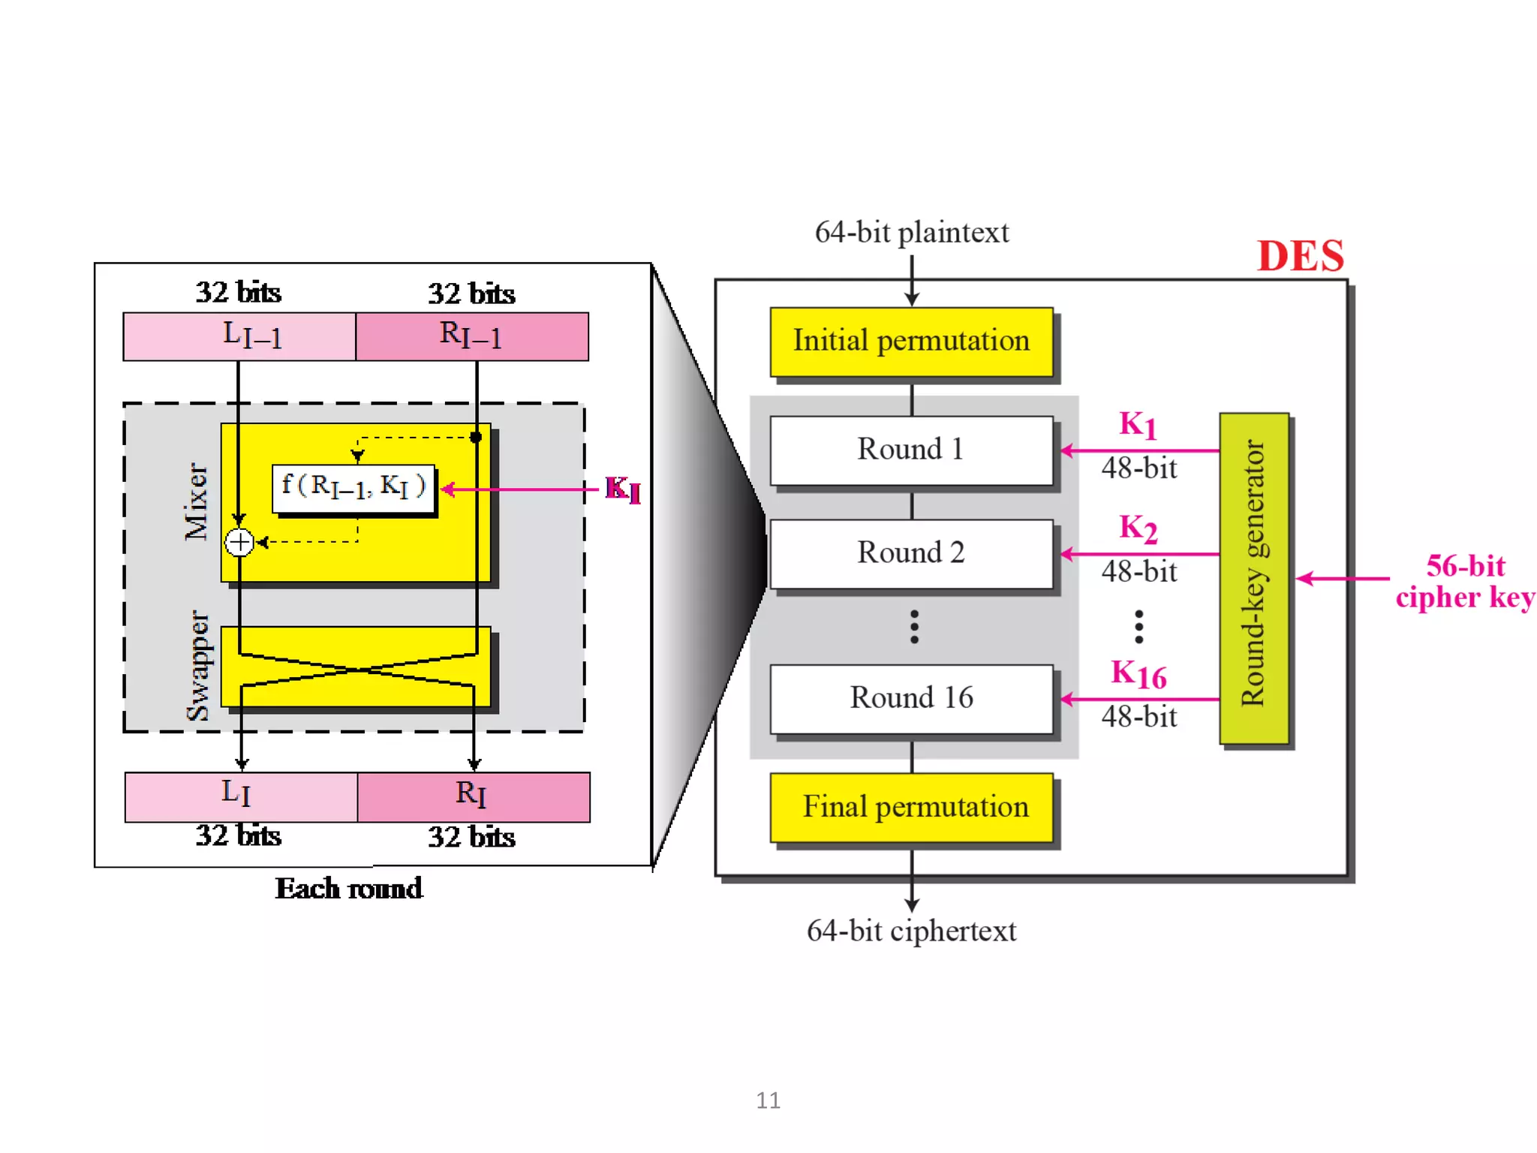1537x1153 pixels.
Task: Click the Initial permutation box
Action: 911,342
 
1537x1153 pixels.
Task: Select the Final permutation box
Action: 911,807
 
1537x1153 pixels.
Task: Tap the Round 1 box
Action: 911,450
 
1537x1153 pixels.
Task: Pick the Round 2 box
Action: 911,554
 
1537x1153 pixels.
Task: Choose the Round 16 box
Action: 911,699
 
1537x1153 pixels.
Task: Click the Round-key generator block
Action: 1254,578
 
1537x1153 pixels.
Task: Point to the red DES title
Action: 1301,256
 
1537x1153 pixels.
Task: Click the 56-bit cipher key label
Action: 1465,582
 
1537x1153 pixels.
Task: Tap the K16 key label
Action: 1138,674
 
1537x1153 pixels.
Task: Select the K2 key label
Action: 1138,528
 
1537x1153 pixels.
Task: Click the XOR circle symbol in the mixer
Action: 239,542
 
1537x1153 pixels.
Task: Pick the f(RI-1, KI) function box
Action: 353,489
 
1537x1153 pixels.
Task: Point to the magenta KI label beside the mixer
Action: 623,489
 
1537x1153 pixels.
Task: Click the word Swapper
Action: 199,665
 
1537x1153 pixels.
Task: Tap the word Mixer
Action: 197,501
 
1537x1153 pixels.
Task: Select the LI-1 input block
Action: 239,336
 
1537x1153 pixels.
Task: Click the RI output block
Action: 473,796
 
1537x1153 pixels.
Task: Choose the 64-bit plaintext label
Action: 911,233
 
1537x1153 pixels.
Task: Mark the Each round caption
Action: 349,889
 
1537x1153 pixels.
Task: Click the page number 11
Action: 768,1100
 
